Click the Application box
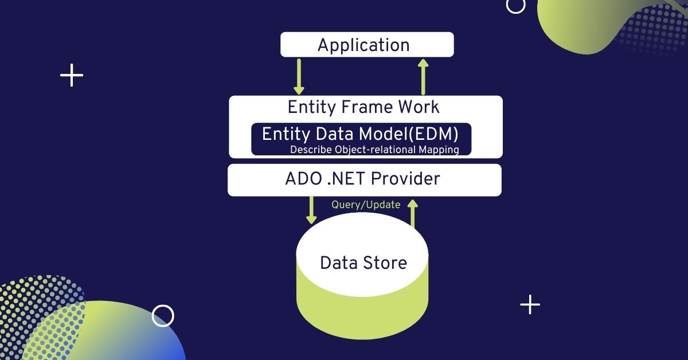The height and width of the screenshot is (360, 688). [x=366, y=45]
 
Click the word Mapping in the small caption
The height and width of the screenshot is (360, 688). [x=440, y=150]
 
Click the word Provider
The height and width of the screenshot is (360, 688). [x=405, y=179]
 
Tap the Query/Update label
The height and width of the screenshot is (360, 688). [x=366, y=205]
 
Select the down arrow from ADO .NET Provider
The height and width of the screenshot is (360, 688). [x=311, y=210]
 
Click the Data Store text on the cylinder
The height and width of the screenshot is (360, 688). [x=363, y=263]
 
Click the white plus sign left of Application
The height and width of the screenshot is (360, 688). [x=72, y=76]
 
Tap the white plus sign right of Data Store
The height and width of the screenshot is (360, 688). [x=530, y=304]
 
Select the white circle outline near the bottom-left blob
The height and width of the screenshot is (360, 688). [x=163, y=316]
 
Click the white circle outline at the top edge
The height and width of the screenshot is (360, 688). [x=516, y=5]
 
